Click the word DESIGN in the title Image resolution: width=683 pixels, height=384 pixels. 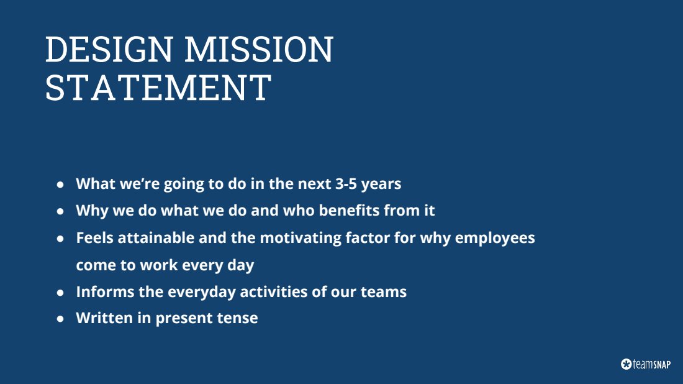click(x=109, y=49)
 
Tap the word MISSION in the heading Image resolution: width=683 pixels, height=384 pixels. click(x=259, y=49)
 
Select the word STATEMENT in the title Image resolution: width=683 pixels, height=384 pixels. click(x=158, y=87)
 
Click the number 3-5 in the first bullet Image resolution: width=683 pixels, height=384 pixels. click(x=345, y=183)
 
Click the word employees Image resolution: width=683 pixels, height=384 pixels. click(x=495, y=239)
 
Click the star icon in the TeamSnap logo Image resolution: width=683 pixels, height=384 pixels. click(x=626, y=364)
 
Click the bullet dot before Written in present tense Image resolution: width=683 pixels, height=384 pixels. click(x=60, y=319)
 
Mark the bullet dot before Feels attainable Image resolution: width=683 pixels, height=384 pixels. click(x=60, y=239)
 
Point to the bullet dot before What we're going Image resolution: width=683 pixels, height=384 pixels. click(x=60, y=185)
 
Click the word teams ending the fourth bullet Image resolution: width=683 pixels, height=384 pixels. click(x=383, y=292)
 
